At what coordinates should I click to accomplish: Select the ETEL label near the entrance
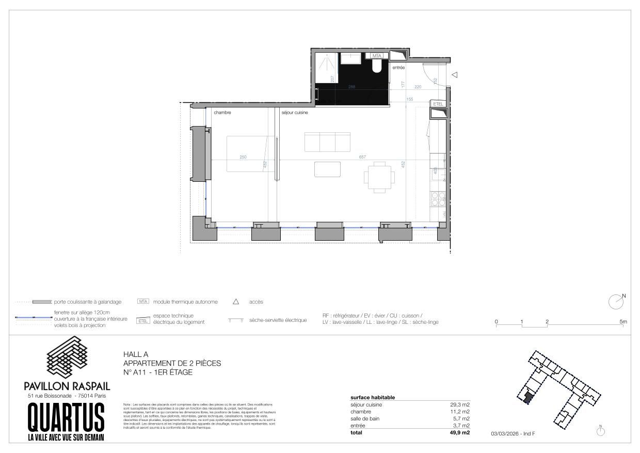tap(438, 104)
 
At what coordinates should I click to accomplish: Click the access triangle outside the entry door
tap(454, 75)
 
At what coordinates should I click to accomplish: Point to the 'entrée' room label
tap(398, 67)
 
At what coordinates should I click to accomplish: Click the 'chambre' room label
tap(222, 113)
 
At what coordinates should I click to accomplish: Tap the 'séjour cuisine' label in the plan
tap(294, 113)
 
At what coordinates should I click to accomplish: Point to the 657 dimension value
tap(362, 157)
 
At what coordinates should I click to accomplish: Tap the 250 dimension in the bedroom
tap(243, 157)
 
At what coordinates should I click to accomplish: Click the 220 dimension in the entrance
tap(418, 87)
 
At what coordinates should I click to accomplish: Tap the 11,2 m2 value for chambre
tap(459, 412)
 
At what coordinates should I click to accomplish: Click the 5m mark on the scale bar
tap(623, 322)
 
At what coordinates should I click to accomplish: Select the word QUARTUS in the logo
tap(66, 417)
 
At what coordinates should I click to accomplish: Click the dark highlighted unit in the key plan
tap(527, 397)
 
